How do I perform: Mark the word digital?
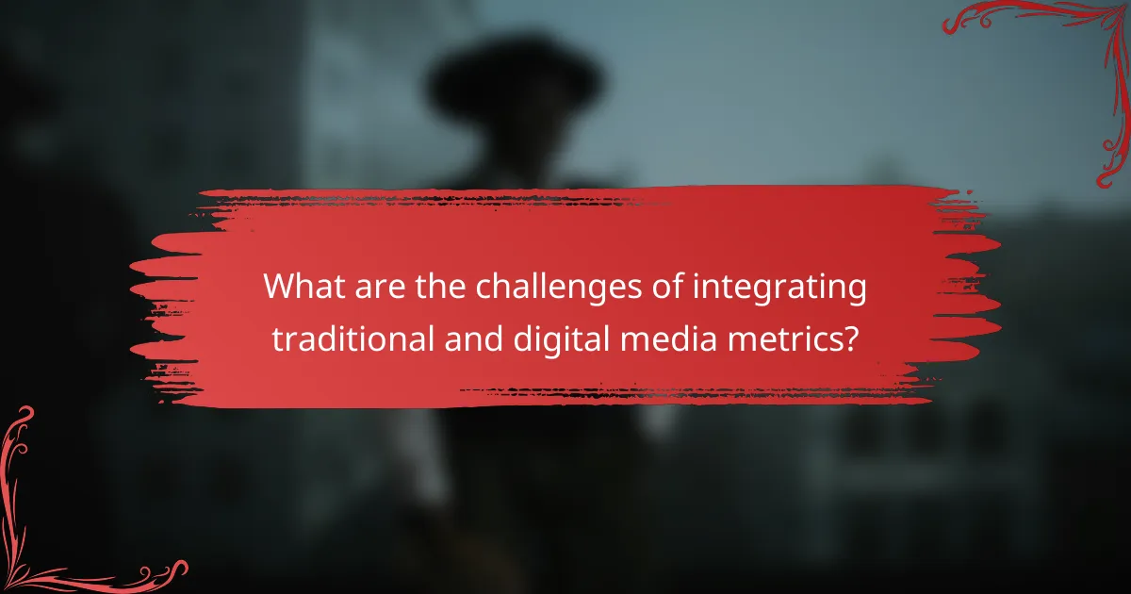tap(551, 338)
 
